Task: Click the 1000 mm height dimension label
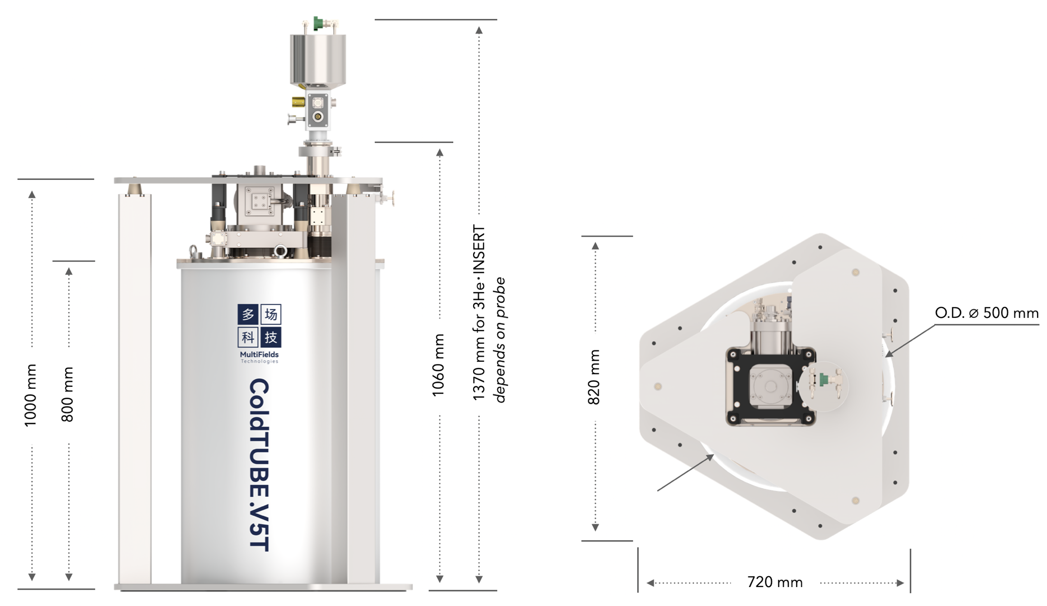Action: click(x=30, y=395)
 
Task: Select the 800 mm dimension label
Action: click(x=67, y=394)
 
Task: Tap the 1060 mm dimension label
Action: click(x=438, y=365)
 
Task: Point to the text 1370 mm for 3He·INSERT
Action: click(x=479, y=313)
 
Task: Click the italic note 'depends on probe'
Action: click(x=499, y=340)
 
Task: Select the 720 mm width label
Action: click(x=775, y=582)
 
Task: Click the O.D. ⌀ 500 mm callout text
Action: click(x=987, y=313)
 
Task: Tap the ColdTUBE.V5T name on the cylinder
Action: click(x=259, y=465)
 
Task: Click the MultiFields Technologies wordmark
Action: click(x=259, y=357)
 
